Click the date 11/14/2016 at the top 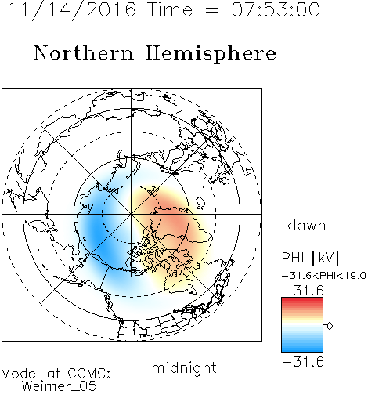coord(72,10)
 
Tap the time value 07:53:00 coord(276,9)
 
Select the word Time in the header coord(170,9)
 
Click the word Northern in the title coord(84,53)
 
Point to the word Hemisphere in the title coord(211,54)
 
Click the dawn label coord(307,225)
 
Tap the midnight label coord(184,367)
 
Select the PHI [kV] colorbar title coord(310,258)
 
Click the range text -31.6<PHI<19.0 coord(324,276)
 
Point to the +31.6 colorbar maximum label coord(303,291)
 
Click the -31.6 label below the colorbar coord(303,362)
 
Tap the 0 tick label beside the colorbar coord(330,326)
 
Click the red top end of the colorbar coord(302,300)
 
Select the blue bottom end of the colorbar coord(302,349)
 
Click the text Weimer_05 coord(60,386)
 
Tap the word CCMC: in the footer coord(88,374)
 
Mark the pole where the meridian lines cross coord(132,214)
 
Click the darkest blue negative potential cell coord(97,233)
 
